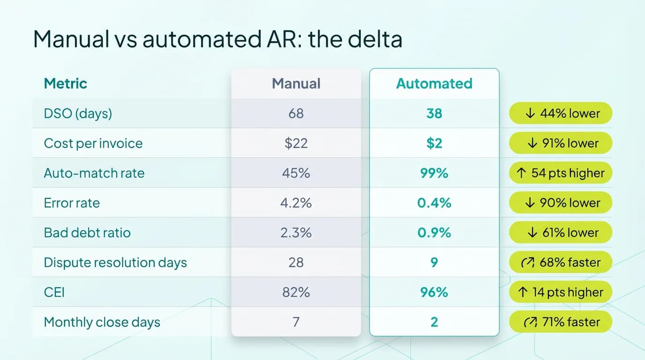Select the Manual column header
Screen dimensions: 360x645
(296, 83)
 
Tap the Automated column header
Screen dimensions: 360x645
(434, 83)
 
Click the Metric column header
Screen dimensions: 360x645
(65, 83)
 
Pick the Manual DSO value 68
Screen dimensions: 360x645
(296, 113)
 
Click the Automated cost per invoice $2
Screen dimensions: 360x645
(434, 143)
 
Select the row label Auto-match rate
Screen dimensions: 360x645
(94, 173)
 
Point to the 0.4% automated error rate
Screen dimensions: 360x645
(434, 203)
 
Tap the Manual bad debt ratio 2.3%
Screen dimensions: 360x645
(296, 232)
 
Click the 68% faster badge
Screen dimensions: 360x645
(561, 262)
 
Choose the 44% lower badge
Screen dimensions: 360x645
(561, 113)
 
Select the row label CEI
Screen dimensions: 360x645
(54, 292)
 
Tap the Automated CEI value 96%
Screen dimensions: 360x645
(434, 292)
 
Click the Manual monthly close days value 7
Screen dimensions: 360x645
(296, 322)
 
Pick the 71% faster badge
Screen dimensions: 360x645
(561, 322)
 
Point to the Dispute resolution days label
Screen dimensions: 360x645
(115, 262)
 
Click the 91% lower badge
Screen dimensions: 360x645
(561, 143)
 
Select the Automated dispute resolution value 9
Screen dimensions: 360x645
(434, 262)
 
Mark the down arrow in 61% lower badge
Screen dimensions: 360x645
(531, 233)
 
